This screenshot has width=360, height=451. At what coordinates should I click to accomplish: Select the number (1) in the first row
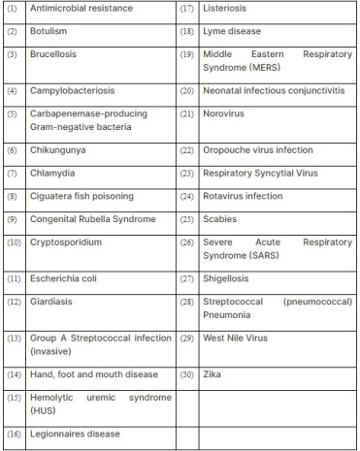click(11, 10)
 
